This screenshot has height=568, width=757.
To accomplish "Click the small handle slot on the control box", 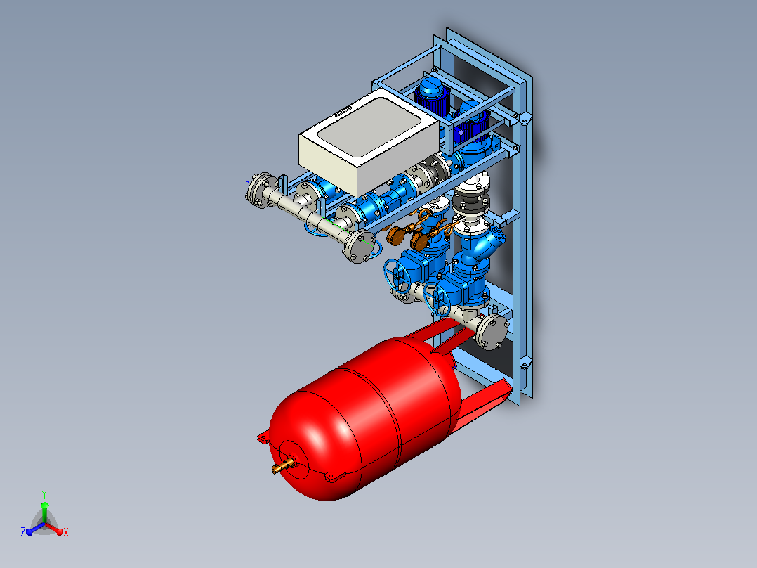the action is (342, 112).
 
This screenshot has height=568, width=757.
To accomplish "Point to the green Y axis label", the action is (44, 495).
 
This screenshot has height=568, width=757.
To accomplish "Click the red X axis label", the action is (66, 532).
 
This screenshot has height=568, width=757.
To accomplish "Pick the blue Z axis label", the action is (23, 531).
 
